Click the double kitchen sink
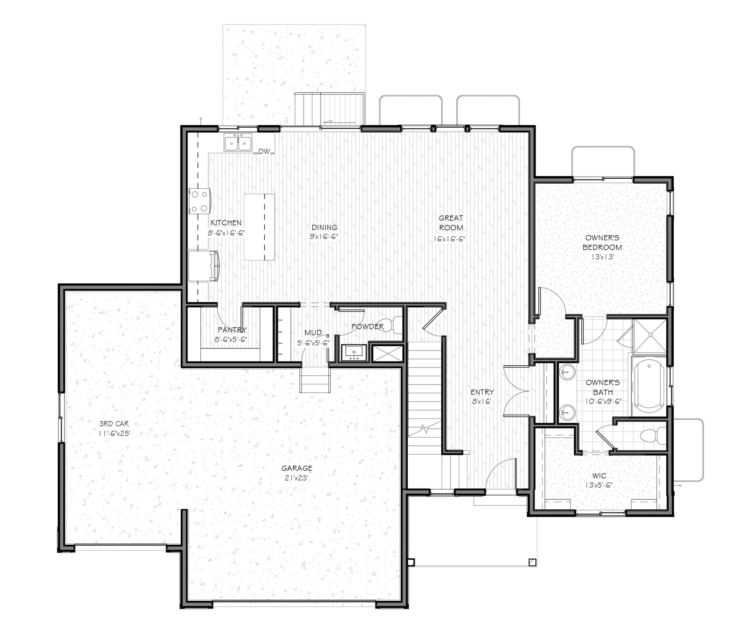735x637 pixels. tap(238, 143)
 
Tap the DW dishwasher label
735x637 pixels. tap(264, 152)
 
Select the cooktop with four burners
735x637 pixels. tap(199, 201)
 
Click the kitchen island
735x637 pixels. tap(259, 227)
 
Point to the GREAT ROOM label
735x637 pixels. tap(451, 223)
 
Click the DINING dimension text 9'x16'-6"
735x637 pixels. tap(324, 237)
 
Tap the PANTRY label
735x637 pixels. tap(232, 330)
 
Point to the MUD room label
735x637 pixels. tap(313, 333)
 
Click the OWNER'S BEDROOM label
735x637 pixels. tap(602, 243)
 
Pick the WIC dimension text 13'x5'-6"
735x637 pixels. tap(599, 485)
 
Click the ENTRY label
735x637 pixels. tap(482, 392)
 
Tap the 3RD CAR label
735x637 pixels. tap(114, 423)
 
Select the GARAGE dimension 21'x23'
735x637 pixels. tap(297, 478)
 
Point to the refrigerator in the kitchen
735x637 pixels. tap(203, 266)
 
